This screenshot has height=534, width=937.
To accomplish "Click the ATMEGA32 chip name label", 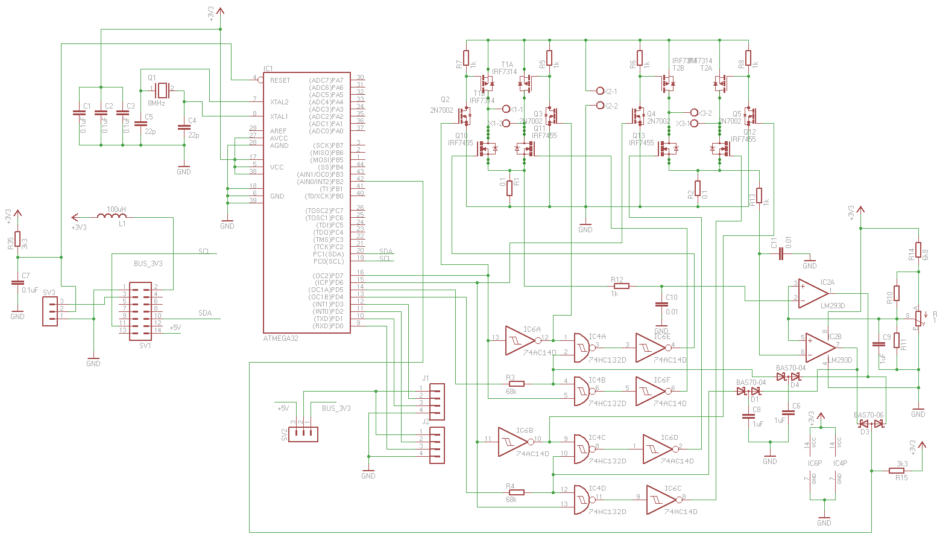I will [x=280, y=339].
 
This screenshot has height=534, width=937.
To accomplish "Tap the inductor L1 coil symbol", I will [x=112, y=216].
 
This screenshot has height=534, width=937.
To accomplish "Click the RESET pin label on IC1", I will [x=280, y=80].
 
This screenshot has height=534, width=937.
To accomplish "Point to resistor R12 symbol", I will [x=621, y=286].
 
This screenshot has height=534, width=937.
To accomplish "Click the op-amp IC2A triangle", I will [x=812, y=293].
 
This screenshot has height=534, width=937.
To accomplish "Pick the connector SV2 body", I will [x=303, y=434].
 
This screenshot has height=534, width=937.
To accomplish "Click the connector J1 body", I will [x=437, y=402].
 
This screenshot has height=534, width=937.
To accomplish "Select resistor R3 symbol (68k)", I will [x=516, y=384].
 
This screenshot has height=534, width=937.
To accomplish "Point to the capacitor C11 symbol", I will [x=781, y=254].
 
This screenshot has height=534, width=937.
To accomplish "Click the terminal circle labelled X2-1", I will [x=599, y=91].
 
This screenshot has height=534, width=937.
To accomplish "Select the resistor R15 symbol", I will [x=897, y=471].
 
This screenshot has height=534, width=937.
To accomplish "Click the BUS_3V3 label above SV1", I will [x=148, y=264].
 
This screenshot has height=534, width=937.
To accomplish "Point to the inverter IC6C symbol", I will [x=663, y=500].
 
